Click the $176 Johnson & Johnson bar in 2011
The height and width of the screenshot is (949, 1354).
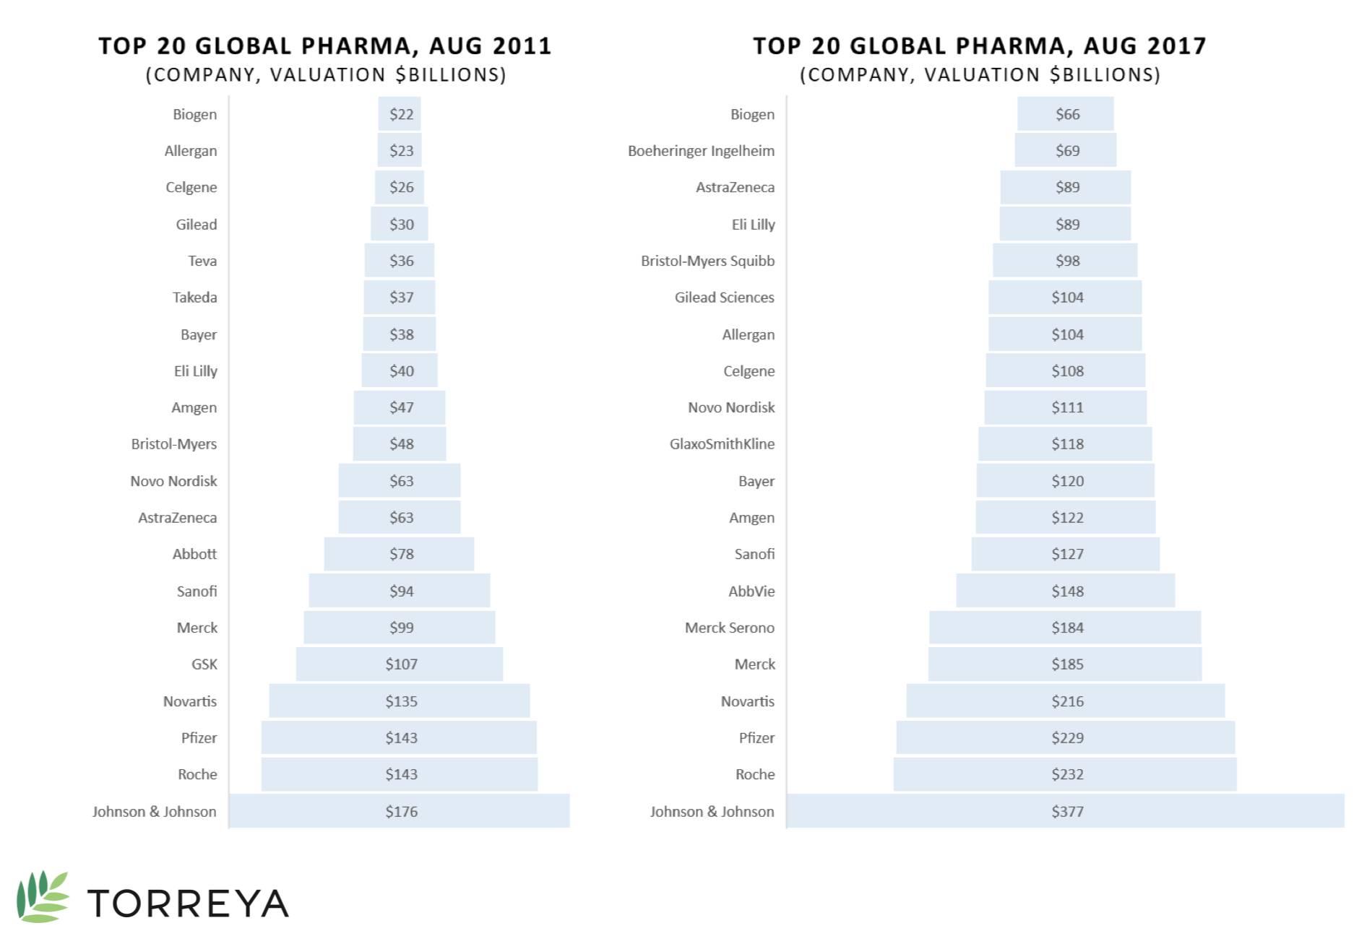pyautogui.click(x=399, y=811)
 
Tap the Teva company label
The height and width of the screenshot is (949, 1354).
pyautogui.click(x=202, y=261)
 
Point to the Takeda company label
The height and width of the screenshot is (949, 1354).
pyautogui.click(x=194, y=298)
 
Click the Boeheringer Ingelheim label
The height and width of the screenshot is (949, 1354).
pyautogui.click(x=701, y=151)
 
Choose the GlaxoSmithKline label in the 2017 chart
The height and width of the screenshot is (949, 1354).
pyautogui.click(x=722, y=444)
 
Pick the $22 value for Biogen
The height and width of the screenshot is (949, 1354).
pyautogui.click(x=401, y=114)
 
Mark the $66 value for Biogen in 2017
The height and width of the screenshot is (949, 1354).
pyautogui.click(x=1067, y=114)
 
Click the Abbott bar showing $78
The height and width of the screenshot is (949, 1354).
pyautogui.click(x=399, y=554)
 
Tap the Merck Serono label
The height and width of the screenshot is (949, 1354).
pyautogui.click(x=729, y=628)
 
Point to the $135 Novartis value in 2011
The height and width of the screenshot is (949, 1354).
pyautogui.click(x=401, y=701)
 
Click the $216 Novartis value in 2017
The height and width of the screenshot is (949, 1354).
pyautogui.click(x=1067, y=701)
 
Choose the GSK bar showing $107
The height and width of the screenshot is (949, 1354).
pyautogui.click(x=399, y=664)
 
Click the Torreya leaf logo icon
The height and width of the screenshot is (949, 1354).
pyautogui.click(x=43, y=897)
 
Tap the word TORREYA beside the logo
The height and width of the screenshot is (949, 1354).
pyautogui.click(x=188, y=903)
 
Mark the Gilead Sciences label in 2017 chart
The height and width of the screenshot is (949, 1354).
pyautogui.click(x=724, y=298)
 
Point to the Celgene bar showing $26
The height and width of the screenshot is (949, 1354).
pyautogui.click(x=399, y=187)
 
